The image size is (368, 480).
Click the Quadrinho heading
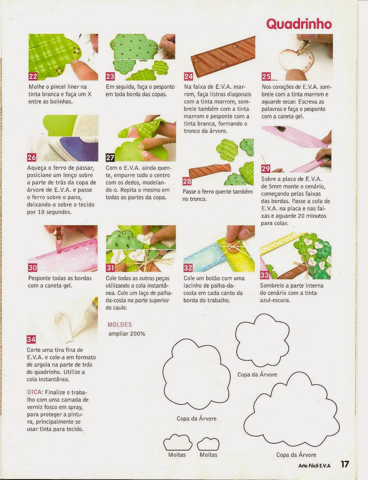point(299,24)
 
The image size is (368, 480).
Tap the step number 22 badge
point(33,76)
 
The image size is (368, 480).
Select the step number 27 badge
point(110,157)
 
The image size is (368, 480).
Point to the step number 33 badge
point(265,275)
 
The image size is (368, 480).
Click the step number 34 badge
point(31,340)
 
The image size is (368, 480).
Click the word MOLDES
point(120,325)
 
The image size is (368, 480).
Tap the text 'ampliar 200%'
point(127,334)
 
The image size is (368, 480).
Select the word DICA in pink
point(35,392)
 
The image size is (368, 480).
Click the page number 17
point(345,464)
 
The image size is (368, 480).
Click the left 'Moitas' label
point(177,454)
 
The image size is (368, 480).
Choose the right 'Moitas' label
point(209,454)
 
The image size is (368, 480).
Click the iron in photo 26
point(73,150)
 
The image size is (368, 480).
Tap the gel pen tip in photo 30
point(59,251)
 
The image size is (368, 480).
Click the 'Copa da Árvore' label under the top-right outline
point(257,374)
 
